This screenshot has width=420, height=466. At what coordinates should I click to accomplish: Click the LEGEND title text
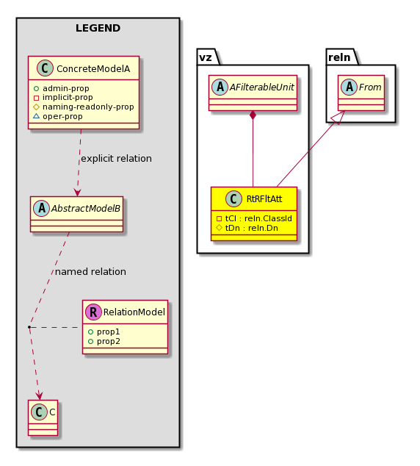pos(98,28)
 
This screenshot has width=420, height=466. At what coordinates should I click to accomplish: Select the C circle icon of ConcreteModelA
pos(45,68)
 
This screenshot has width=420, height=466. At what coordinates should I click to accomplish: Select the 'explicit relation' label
pos(116,159)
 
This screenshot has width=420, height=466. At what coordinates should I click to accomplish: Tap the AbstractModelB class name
pos(86,208)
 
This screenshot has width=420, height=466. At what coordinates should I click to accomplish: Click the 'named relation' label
pos(90,271)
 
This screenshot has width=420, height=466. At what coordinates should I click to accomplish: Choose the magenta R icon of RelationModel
pos(93,312)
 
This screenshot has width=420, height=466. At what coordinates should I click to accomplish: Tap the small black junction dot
pos(29,327)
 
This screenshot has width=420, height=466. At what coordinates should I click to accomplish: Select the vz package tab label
pos(206,57)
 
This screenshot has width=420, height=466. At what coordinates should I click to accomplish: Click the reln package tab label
pos(339,57)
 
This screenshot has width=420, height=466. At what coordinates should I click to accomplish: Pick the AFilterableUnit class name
pos(262,87)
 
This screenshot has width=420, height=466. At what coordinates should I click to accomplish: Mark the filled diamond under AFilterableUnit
pos(253,115)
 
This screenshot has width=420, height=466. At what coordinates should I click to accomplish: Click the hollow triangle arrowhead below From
pos(339,117)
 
